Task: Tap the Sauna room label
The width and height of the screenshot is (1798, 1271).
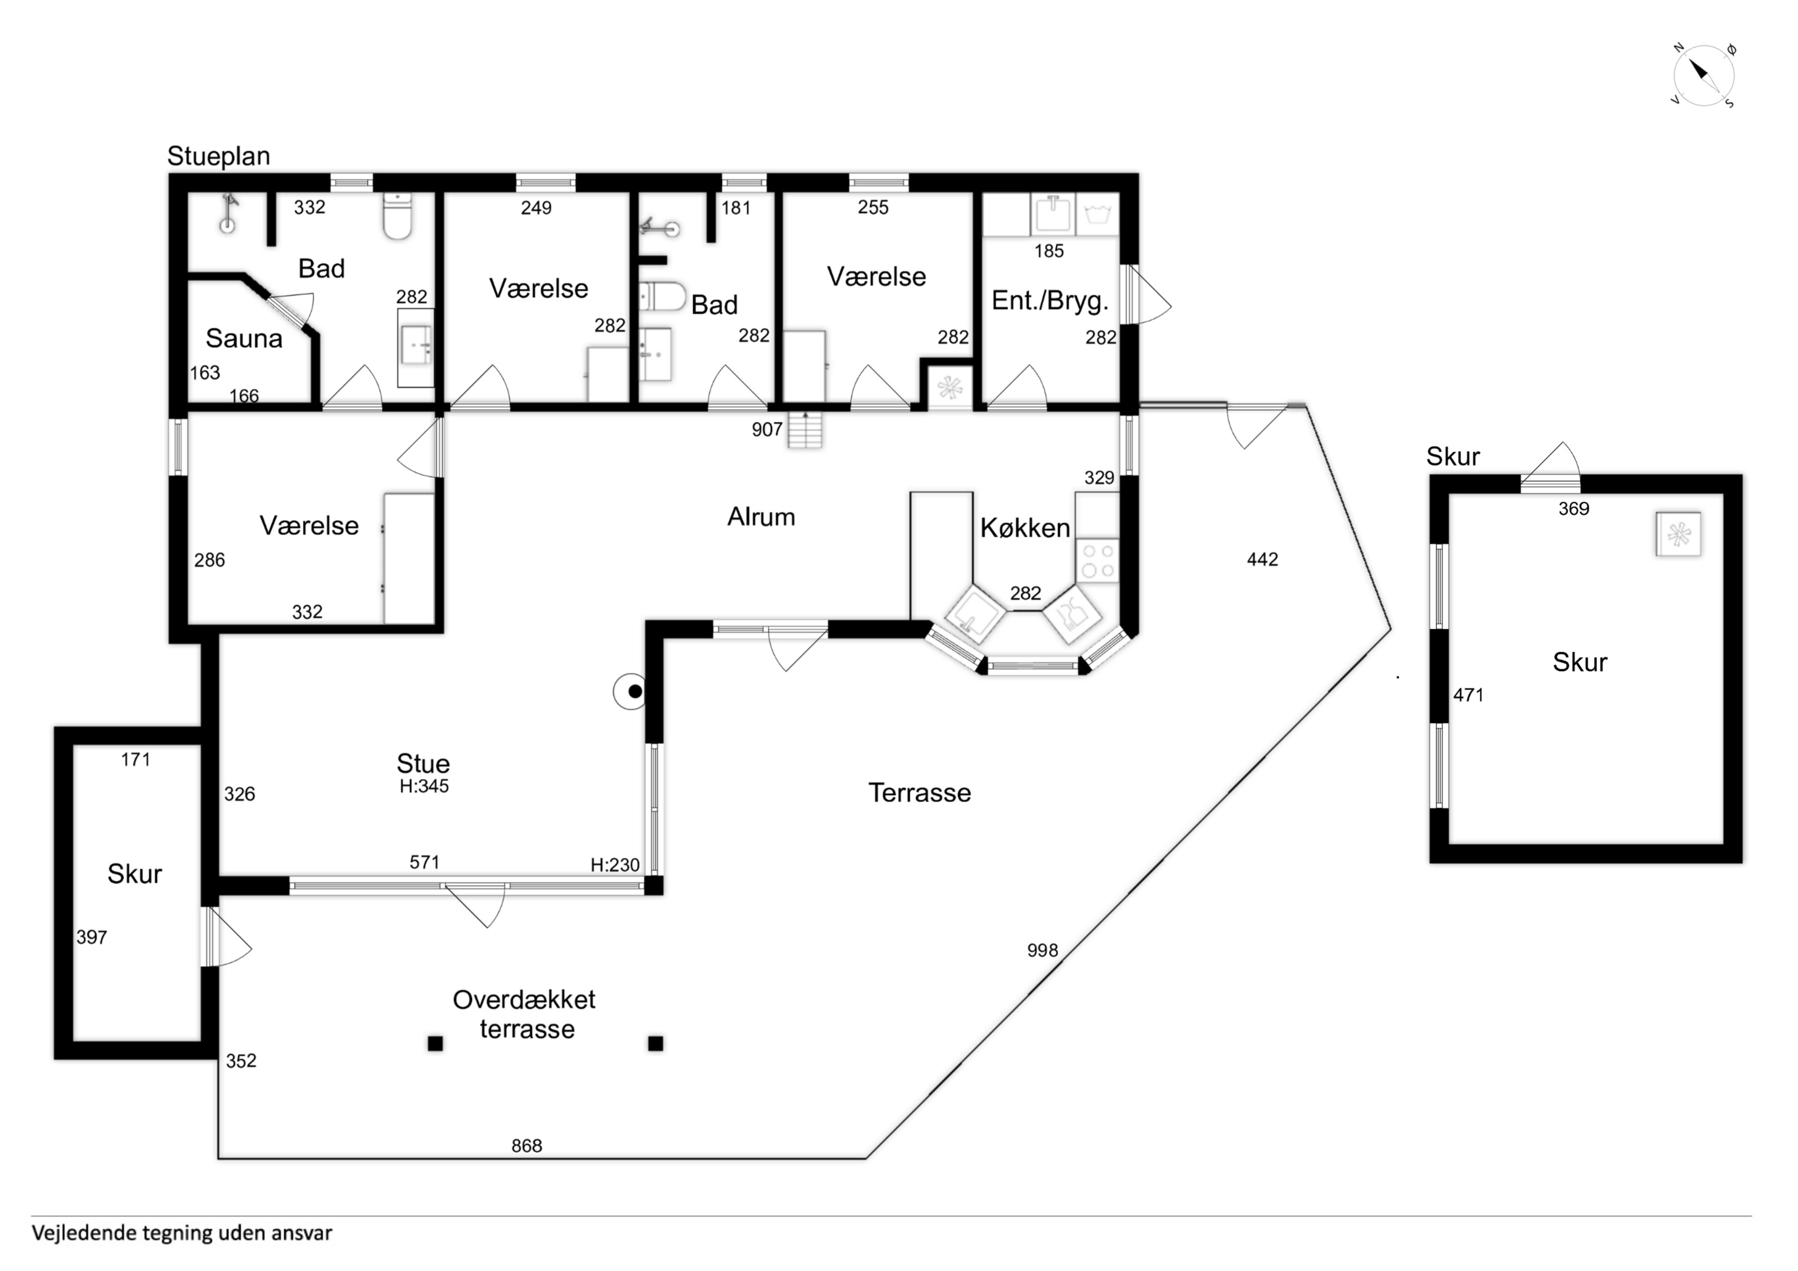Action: point(244,338)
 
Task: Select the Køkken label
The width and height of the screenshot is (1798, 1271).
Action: point(1025,528)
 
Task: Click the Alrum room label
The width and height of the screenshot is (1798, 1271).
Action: point(761,517)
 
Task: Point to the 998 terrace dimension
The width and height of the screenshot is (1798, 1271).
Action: point(1042,950)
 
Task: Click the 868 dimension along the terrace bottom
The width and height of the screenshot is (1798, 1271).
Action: point(526,1146)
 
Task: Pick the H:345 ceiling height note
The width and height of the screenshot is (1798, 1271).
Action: point(424,786)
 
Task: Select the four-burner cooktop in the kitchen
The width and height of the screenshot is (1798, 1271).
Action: point(1097,561)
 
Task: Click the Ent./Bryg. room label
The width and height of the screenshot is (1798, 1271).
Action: point(1050,301)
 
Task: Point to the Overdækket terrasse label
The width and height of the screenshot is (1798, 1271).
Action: point(524,1014)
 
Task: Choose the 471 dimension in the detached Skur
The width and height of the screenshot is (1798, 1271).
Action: point(1468,694)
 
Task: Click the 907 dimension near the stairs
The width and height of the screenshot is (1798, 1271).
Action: point(767,429)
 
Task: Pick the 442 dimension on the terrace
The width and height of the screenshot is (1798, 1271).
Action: point(1262,559)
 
